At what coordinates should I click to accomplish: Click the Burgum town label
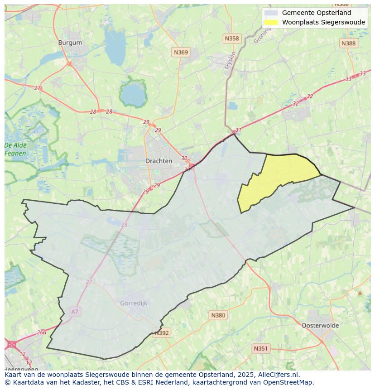click(x=70, y=43)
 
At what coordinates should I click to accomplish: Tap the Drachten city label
click(x=159, y=161)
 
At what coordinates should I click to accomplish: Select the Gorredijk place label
click(x=134, y=303)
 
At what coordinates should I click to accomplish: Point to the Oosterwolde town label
click(x=320, y=325)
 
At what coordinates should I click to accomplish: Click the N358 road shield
click(x=231, y=39)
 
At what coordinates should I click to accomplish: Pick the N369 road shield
click(x=181, y=53)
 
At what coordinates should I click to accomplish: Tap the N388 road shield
click(x=348, y=43)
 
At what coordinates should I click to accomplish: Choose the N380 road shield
click(x=218, y=315)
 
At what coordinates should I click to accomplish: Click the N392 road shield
click(x=162, y=333)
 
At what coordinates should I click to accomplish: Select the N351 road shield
click(x=260, y=348)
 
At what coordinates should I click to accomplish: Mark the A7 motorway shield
click(x=75, y=312)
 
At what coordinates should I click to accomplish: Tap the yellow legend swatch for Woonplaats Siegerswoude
click(x=271, y=22)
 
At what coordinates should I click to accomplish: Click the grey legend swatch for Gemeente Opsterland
click(x=271, y=13)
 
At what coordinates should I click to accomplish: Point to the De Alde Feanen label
click(x=15, y=149)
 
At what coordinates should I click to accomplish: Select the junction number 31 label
click(x=239, y=130)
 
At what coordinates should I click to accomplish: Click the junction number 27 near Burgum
click(x=38, y=88)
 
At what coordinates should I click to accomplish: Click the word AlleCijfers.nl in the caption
click(x=279, y=375)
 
